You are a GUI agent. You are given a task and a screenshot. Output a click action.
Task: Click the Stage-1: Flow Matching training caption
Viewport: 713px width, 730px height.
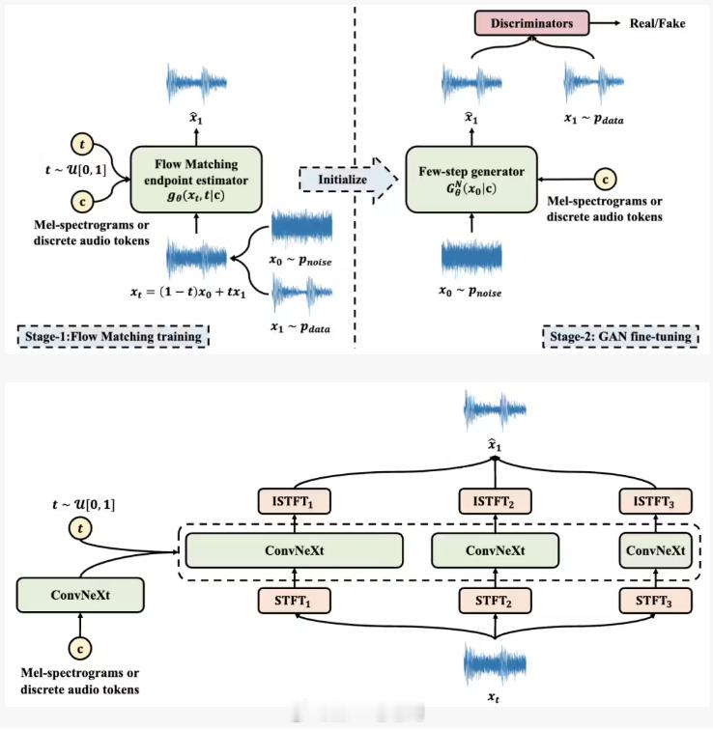(x=114, y=336)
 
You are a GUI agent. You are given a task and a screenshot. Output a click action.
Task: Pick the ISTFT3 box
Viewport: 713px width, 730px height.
(x=652, y=502)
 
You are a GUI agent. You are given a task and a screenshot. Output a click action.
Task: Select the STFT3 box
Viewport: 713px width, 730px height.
(x=652, y=602)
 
